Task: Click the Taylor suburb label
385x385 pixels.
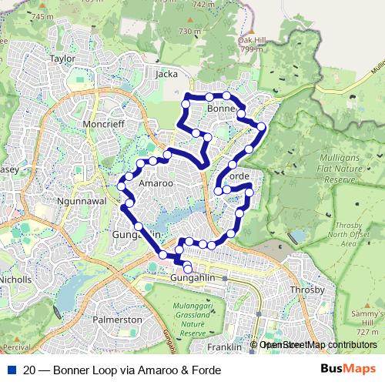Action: pyautogui.click(x=62, y=58)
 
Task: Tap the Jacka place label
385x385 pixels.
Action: pyautogui.click(x=166, y=75)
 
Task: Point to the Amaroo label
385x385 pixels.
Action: pyautogui.click(x=156, y=185)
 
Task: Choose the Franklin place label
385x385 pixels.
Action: pyautogui.click(x=225, y=347)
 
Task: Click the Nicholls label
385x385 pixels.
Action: pyautogui.click(x=15, y=279)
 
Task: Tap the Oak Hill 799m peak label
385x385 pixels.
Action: pyautogui.click(x=251, y=44)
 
